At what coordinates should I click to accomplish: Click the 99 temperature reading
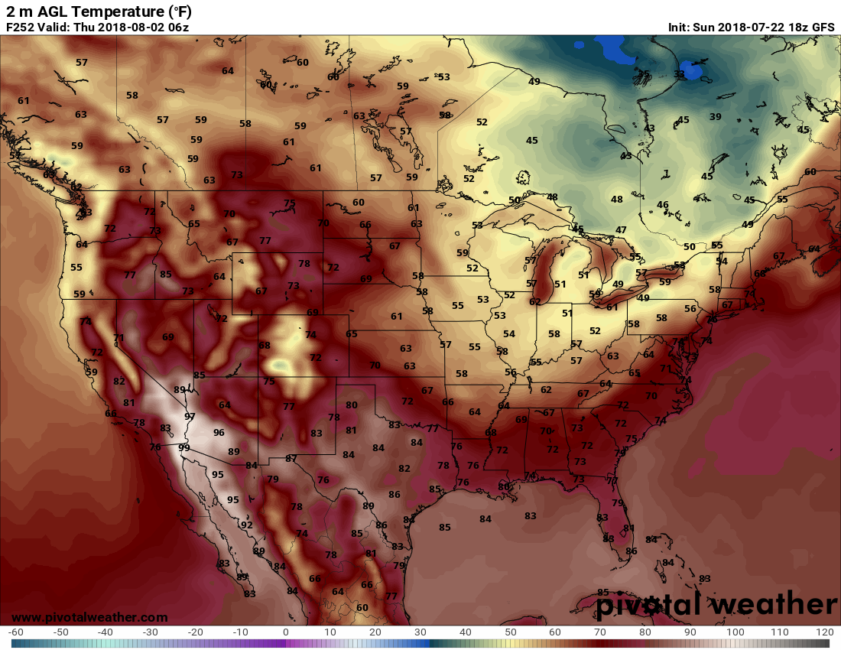(183, 447)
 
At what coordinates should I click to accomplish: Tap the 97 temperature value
(190, 416)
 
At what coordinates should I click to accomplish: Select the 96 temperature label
(219, 432)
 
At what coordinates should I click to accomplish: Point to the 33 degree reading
(679, 74)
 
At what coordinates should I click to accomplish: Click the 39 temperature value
(716, 116)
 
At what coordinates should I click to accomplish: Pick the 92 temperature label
(247, 525)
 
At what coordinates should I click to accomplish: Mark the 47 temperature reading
(621, 229)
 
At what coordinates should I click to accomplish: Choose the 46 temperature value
(663, 204)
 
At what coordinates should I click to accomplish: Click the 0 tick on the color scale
(286, 632)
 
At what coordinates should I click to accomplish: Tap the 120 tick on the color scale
(824, 632)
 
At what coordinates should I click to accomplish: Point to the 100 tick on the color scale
(735, 632)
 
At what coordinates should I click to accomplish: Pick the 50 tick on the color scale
(510, 632)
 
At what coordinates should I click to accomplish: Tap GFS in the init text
(823, 27)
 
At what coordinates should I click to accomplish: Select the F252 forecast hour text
(21, 27)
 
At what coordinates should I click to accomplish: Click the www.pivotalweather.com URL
(89, 617)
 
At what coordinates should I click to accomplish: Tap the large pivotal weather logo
(717, 604)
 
